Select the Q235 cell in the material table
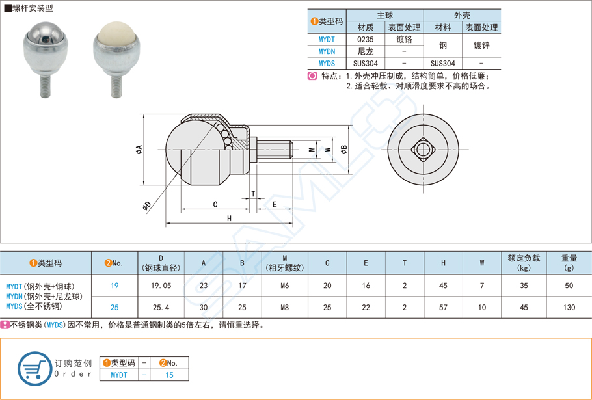coord(365,39)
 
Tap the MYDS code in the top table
coord(327,64)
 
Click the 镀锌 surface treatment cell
coord(481,46)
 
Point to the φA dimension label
coord(139,150)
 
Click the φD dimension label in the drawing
coord(147,206)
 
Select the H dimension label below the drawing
coord(230,219)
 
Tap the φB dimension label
coord(344,150)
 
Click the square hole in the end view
coord(424,150)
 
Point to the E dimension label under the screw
coord(275,204)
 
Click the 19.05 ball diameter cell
coord(161,286)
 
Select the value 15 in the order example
coord(170,375)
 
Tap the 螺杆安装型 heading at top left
coord(31,8)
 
